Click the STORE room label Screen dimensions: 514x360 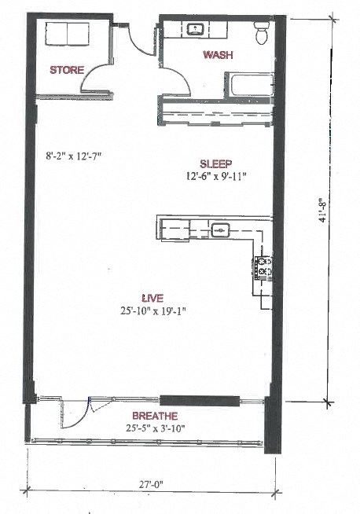[x=67, y=70]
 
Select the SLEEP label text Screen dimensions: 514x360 [x=215, y=163]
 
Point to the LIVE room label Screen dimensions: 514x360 [x=152, y=298]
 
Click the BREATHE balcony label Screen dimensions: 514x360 [x=153, y=416]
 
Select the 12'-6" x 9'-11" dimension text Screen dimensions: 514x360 [x=215, y=177]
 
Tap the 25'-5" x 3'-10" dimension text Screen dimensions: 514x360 [x=153, y=429]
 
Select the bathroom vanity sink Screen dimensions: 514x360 [x=197, y=30]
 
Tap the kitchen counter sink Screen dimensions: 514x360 [x=221, y=230]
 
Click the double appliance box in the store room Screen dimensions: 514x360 [x=68, y=35]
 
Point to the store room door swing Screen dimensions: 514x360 [x=94, y=79]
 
